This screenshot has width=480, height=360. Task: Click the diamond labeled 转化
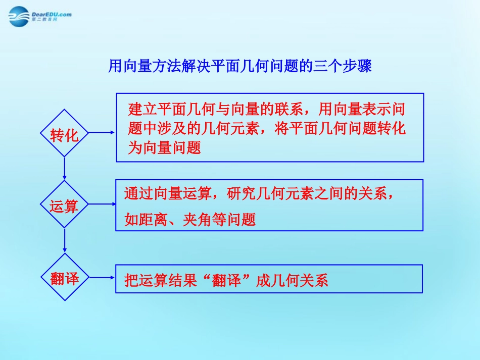tap(65, 134)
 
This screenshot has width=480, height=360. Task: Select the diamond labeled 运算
tap(65, 205)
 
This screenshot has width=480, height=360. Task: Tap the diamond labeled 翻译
tap(65, 278)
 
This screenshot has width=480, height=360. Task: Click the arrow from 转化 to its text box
tap(102, 133)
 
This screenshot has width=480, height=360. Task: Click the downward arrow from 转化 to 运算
tap(65, 169)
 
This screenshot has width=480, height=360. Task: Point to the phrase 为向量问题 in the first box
tap(165, 148)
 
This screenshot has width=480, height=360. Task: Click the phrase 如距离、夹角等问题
tap(190, 220)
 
